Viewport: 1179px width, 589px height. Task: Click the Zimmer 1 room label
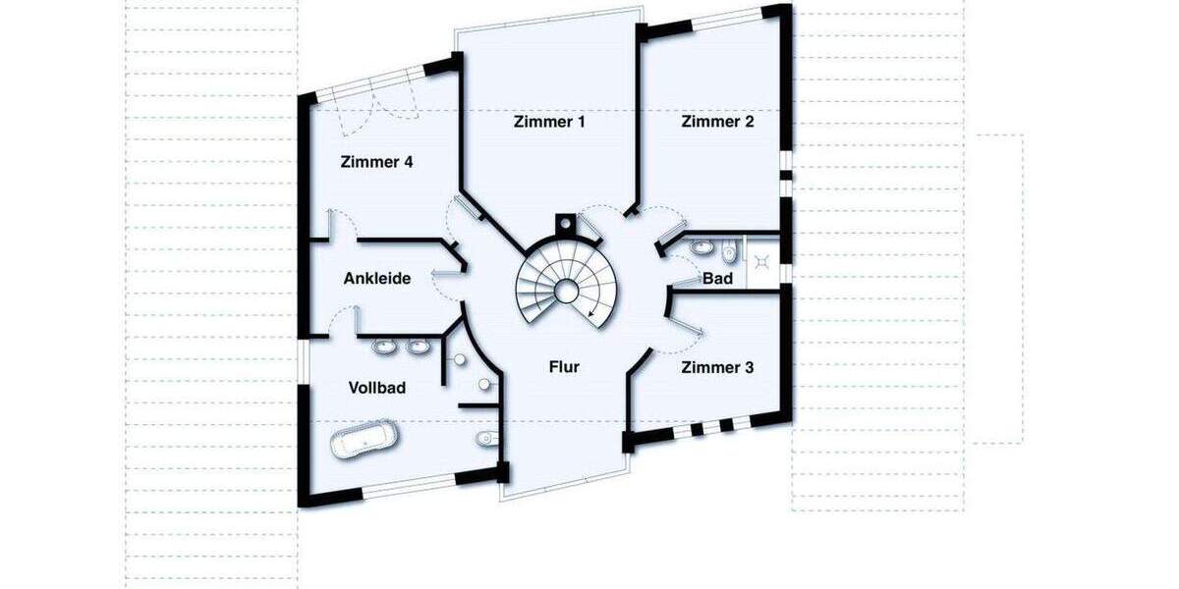[x=549, y=123]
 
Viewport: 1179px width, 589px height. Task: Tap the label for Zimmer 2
[x=717, y=122]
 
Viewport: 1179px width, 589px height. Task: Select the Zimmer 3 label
[x=717, y=368]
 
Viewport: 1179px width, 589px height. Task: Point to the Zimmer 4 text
[x=376, y=162]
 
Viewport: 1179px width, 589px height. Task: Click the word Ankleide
[x=376, y=279]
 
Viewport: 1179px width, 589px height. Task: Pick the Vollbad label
[x=377, y=388]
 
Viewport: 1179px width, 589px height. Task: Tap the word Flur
[x=564, y=367]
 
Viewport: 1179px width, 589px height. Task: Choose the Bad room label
[x=717, y=279]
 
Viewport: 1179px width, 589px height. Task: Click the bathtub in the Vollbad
[x=364, y=441]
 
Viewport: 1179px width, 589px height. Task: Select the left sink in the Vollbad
[x=384, y=347]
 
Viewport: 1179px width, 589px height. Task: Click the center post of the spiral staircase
[x=566, y=290]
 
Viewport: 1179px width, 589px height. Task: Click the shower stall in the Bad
[x=762, y=261]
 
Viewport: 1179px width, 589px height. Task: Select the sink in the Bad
[x=702, y=244]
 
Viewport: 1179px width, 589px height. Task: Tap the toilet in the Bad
[x=727, y=255]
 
